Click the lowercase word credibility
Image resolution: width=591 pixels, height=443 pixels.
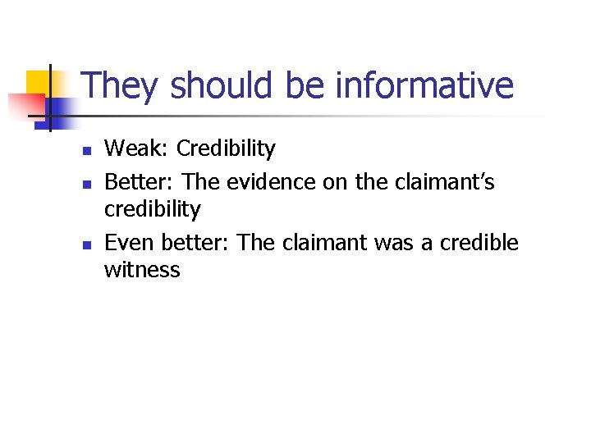pyautogui.click(x=152, y=209)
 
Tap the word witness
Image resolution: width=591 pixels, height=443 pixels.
pyautogui.click(x=141, y=269)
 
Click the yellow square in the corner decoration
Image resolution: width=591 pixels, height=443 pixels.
pyautogui.click(x=38, y=82)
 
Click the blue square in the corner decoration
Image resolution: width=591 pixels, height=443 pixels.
pyautogui.click(x=62, y=107)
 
